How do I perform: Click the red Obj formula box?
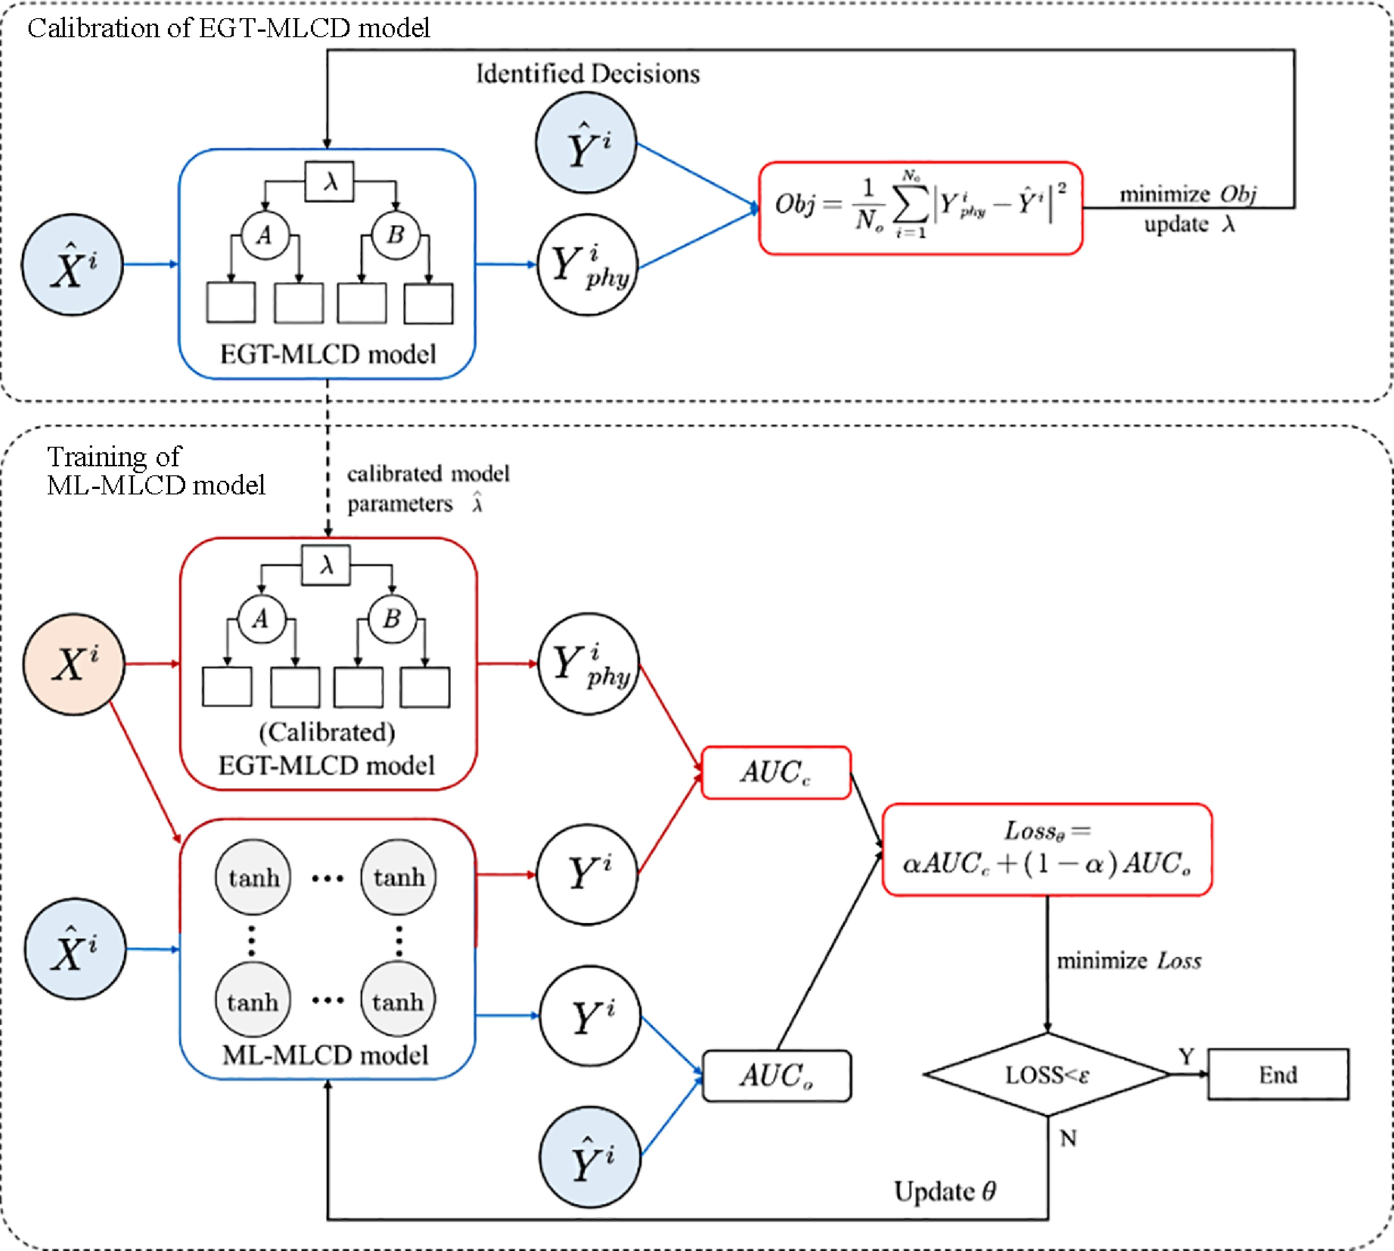[920, 208]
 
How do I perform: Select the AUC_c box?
[776, 772]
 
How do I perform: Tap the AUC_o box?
[776, 1076]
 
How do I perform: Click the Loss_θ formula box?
[1047, 850]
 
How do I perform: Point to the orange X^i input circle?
[74, 664]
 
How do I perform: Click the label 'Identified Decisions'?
[588, 73]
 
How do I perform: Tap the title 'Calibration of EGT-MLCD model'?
[228, 28]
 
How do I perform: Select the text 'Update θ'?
[944, 1191]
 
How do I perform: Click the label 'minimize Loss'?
[1128, 960]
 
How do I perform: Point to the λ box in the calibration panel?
[330, 181]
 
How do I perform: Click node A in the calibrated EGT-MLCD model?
[261, 619]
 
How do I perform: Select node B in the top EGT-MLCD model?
[395, 235]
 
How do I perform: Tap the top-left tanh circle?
[253, 877]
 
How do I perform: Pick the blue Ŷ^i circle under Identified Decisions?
[586, 143]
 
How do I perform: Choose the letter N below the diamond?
[1067, 1139]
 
